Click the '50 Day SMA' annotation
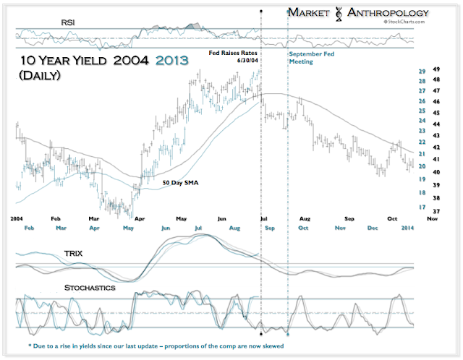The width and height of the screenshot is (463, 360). (181, 183)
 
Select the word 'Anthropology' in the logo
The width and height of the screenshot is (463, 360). (388, 13)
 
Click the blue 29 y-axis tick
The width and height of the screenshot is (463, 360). (421, 71)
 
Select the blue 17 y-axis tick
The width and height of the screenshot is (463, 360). (421, 207)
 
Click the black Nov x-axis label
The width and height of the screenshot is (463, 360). (433, 218)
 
